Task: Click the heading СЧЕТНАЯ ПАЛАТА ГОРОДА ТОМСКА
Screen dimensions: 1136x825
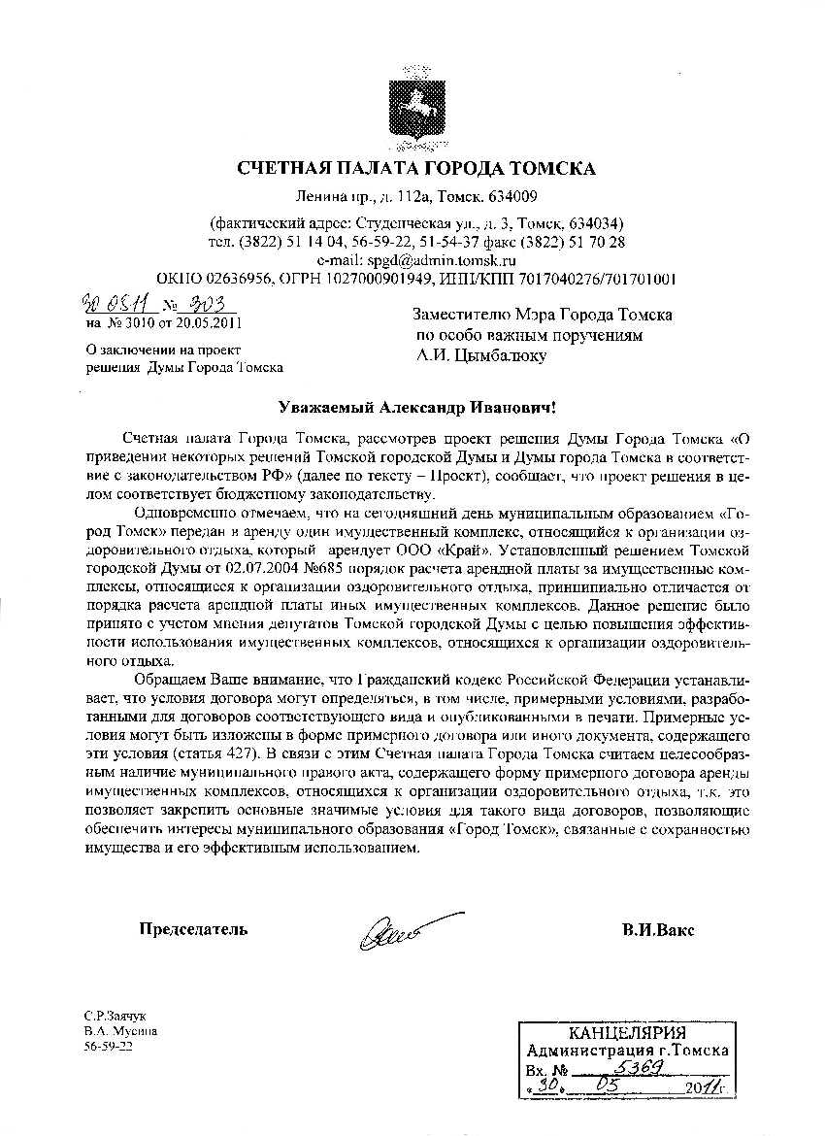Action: pos(416,168)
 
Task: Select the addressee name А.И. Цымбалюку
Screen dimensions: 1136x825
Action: pos(480,356)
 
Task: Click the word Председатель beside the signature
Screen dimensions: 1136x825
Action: pos(193,929)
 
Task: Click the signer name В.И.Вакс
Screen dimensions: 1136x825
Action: pos(658,929)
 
